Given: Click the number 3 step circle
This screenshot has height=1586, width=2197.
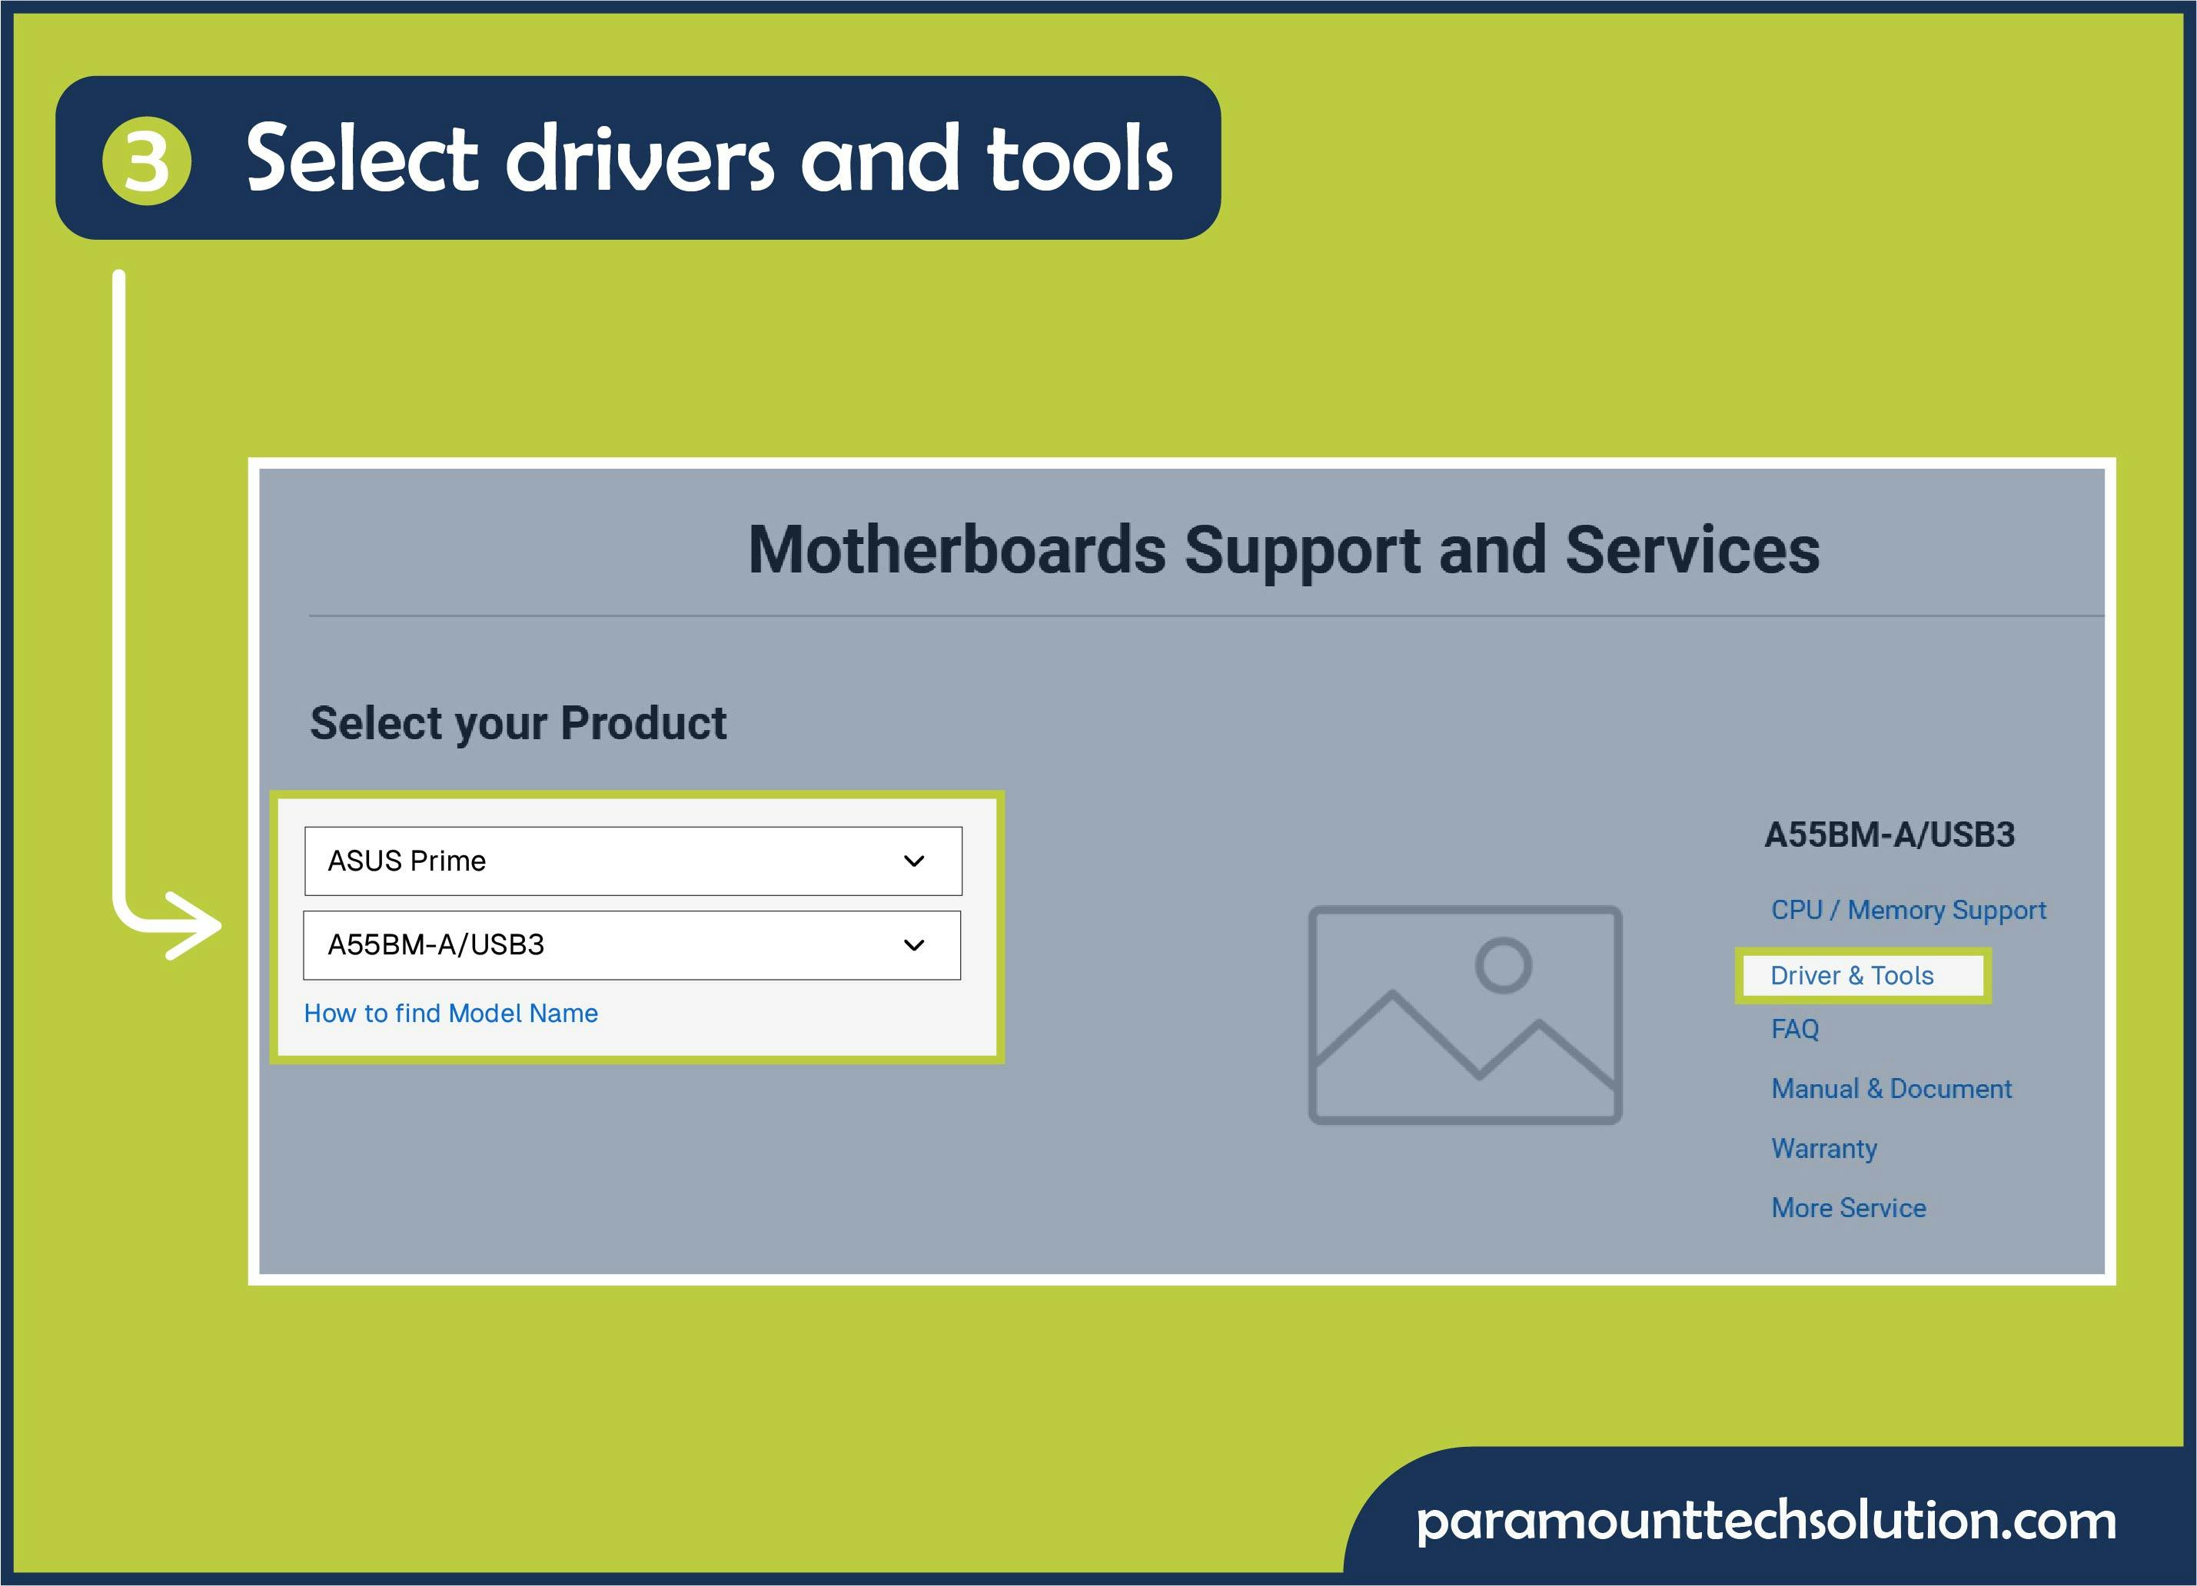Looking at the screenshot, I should point(146,161).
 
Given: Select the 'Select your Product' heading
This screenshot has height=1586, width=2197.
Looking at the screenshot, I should point(518,723).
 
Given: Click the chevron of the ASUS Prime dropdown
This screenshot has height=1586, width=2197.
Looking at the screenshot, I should point(913,861).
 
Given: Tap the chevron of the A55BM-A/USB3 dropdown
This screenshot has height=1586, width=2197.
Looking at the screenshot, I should point(913,945).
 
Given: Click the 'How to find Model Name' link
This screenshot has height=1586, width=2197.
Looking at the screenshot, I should point(450,1013).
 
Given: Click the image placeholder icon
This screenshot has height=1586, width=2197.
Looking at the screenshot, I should point(1464,1015).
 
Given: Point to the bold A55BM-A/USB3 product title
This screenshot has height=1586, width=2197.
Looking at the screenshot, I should point(1889,834).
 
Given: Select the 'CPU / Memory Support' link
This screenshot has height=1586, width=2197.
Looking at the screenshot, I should point(1908,910).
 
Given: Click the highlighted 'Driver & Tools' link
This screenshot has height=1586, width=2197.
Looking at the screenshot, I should point(1851,975).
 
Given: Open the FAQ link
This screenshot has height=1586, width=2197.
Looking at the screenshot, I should point(1795,1029).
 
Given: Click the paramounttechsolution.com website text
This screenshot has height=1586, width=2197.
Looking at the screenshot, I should point(1765,1521).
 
